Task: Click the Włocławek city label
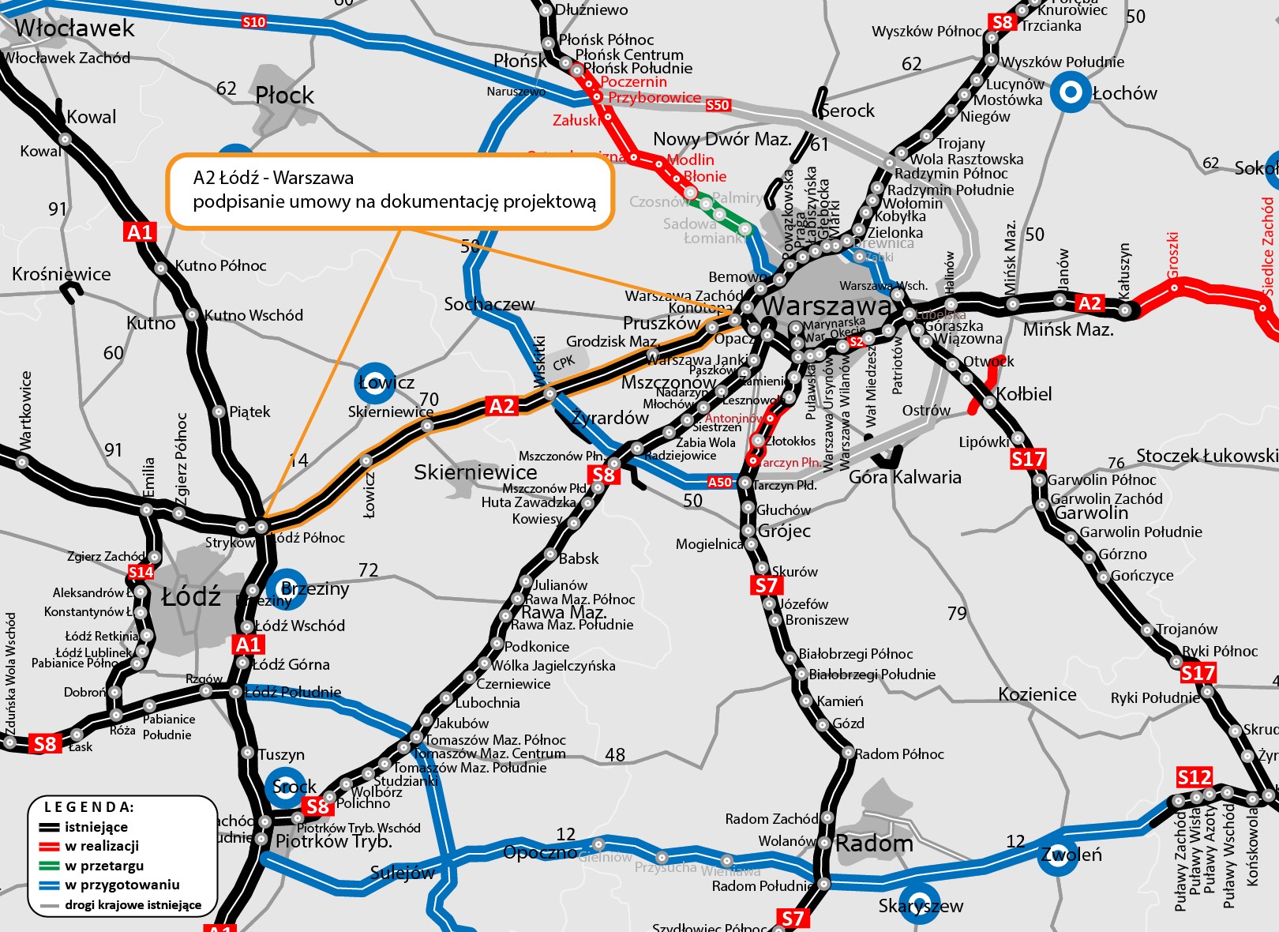[75, 28]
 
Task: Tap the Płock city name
[284, 96]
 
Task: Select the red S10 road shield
[254, 22]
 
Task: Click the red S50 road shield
[718, 104]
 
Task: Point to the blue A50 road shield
[719, 482]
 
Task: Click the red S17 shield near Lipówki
[1028, 459]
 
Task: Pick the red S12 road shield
[1194, 777]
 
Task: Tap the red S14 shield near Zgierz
[141, 572]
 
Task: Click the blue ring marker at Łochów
[1071, 92]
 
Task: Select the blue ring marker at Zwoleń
[1058, 855]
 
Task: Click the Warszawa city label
[826, 306]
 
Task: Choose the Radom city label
[874, 844]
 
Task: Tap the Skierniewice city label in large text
[475, 472]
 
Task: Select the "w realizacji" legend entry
[102, 846]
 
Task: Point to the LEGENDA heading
[89, 807]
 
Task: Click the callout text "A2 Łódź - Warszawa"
[273, 178]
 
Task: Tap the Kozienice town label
[1037, 694]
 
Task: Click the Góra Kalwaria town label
[905, 477]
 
